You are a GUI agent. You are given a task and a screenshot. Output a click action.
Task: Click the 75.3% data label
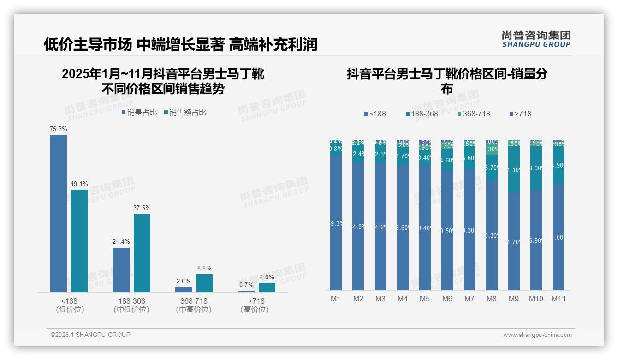[x=59, y=129]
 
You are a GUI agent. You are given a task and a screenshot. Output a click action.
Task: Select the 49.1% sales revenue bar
[x=79, y=240]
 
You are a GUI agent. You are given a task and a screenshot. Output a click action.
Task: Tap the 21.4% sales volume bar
[x=121, y=270]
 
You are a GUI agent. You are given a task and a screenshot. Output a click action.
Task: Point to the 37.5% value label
[x=142, y=208]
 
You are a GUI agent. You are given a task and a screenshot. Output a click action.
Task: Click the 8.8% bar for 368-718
[x=204, y=283]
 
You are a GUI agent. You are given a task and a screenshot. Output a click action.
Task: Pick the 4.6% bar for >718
[x=267, y=287]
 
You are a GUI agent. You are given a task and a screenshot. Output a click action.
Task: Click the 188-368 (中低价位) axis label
[x=131, y=305]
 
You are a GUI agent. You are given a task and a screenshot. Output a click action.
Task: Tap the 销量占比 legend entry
[x=139, y=113]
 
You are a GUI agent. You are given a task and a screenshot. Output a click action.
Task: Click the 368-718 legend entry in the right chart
[x=474, y=114]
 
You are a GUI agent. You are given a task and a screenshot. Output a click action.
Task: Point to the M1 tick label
[x=336, y=299]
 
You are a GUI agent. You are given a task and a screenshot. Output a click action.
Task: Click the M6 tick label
[x=447, y=299]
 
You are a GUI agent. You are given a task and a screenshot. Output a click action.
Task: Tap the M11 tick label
[x=559, y=299]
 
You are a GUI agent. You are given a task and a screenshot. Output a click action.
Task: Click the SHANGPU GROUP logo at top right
[x=536, y=39]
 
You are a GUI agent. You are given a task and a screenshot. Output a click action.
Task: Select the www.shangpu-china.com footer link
[x=537, y=335]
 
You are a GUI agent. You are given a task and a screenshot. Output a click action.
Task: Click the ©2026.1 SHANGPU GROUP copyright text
[x=90, y=335]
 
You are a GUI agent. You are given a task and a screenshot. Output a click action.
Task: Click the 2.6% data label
[x=183, y=281]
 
